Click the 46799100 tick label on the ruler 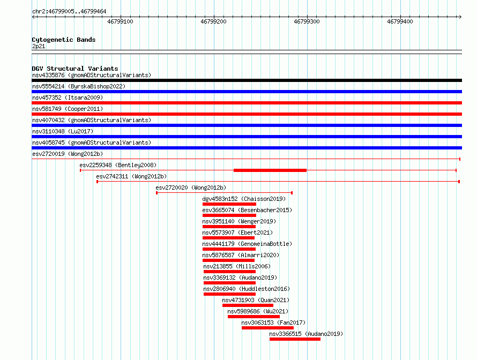[120, 21]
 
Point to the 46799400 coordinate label [400, 21]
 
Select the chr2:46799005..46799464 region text [69, 12]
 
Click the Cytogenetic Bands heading [64, 40]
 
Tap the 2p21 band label [39, 46]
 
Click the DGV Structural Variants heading [75, 69]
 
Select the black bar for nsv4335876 [247, 80]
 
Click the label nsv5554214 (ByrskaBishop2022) [79, 86]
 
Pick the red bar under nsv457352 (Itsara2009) [247, 103]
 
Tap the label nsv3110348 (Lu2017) [63, 131]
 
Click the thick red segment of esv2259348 [270, 170]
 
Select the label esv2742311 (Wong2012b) [131, 176]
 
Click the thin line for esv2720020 [225, 193]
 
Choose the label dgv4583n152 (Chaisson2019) [244, 199]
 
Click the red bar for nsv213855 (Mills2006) [230, 272]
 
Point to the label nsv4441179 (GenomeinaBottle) [247, 244]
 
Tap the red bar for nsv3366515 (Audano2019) [295, 339]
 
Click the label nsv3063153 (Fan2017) [273, 322]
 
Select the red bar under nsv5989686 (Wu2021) [254, 317]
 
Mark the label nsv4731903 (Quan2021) [256, 300]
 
